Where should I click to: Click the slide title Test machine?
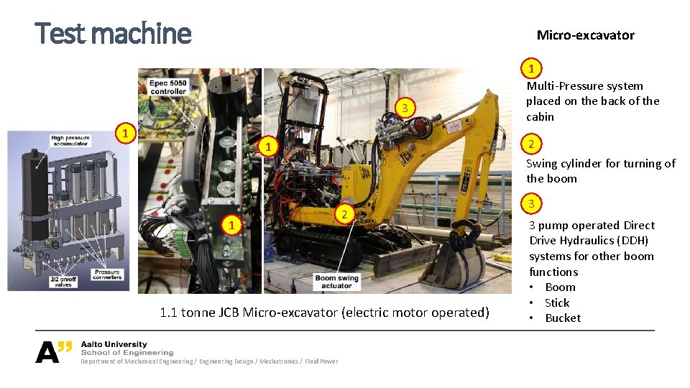[113, 33]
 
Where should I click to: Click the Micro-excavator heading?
[585, 35]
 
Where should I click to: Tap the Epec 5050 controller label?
[167, 87]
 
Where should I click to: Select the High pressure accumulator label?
[70, 141]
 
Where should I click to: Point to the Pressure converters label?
[107, 274]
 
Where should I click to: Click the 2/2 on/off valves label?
[63, 282]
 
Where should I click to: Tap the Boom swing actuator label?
[336, 282]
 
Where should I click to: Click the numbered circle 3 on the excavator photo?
[405, 107]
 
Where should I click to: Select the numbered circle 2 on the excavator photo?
[344, 214]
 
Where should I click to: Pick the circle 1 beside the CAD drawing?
[125, 133]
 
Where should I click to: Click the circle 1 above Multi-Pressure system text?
[531, 69]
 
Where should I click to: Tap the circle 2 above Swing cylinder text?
[531, 144]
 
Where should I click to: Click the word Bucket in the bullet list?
[563, 318]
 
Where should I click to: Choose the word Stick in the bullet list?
[556, 302]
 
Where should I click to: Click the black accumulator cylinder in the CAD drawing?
[34, 193]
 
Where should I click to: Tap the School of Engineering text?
[127, 353]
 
